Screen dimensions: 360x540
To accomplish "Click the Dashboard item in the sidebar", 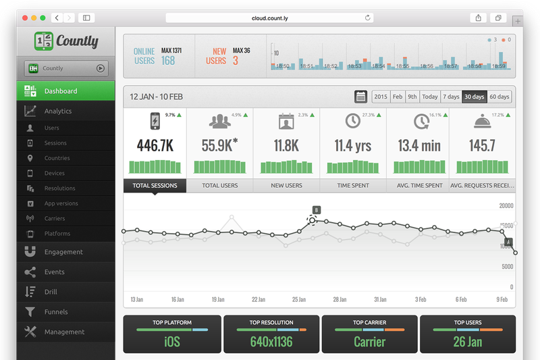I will [x=61, y=91].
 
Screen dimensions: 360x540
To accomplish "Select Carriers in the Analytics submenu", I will [x=55, y=219].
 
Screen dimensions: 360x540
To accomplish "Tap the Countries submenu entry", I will [x=57, y=158].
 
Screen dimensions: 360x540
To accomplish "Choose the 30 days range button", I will [x=474, y=97].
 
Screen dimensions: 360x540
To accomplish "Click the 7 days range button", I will [x=450, y=97].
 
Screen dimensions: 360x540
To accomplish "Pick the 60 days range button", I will [x=500, y=97].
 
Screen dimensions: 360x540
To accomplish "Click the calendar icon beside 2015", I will [x=361, y=97].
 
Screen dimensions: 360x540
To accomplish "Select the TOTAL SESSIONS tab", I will [x=155, y=185].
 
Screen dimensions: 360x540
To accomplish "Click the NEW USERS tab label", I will [x=286, y=185].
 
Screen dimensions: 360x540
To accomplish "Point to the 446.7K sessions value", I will [x=155, y=145].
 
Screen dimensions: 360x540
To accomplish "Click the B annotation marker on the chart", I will [x=316, y=210].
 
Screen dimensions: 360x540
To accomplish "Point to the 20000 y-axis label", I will [x=506, y=205].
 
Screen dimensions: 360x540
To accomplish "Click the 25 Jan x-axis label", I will [x=298, y=299].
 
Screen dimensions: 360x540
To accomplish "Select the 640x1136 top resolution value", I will [x=271, y=341].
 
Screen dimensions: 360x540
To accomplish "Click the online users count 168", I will [x=167, y=61].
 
